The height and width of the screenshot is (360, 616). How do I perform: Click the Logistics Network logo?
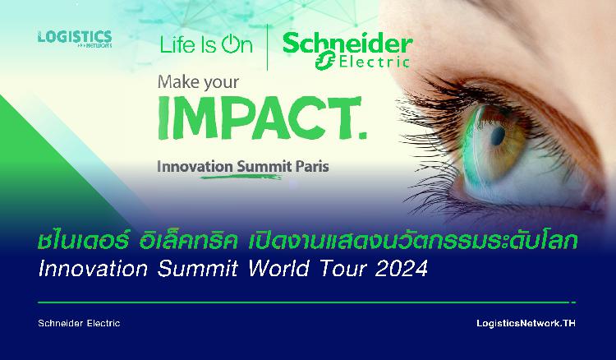click(x=75, y=39)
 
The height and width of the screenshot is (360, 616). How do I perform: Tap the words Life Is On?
click(x=206, y=44)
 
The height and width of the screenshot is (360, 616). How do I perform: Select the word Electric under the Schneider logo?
click(x=375, y=62)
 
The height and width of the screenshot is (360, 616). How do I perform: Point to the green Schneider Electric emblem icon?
click(x=326, y=60)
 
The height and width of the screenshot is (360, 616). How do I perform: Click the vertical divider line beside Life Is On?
click(x=268, y=47)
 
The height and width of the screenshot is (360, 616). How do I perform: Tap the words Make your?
click(x=198, y=82)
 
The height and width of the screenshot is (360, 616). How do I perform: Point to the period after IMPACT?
click(x=362, y=135)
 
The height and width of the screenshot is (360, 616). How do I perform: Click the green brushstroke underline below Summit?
click(x=241, y=177)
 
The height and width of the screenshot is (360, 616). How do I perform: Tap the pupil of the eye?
click(x=499, y=135)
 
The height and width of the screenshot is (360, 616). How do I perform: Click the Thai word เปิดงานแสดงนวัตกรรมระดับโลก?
click(x=413, y=242)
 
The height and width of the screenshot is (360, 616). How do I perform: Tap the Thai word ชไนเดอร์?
click(x=84, y=242)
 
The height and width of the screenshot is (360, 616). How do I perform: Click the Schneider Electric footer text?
click(x=79, y=323)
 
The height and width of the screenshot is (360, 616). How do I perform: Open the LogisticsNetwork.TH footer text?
click(x=526, y=323)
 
